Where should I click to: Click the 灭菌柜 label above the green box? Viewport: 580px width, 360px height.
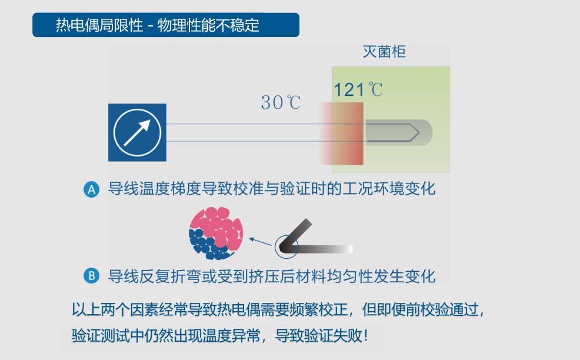click(x=384, y=52)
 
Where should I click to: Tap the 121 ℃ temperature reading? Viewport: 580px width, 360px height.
click(x=358, y=89)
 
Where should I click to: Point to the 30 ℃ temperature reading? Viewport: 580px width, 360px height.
click(x=281, y=102)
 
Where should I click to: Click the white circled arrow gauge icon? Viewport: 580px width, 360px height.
click(x=137, y=132)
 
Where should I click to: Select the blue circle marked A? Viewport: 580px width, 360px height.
click(x=91, y=189)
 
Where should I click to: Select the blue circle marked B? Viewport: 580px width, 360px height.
click(x=91, y=276)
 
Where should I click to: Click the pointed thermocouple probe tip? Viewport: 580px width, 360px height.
click(x=419, y=132)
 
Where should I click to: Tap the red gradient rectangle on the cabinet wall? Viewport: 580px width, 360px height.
click(x=341, y=134)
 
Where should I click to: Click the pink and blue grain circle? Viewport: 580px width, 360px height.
click(x=216, y=233)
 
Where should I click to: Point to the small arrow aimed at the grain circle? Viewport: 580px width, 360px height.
click(x=261, y=242)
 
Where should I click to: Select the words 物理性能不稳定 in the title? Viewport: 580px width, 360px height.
click(x=208, y=25)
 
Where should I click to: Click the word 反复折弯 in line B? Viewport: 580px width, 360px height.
click(x=170, y=276)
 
